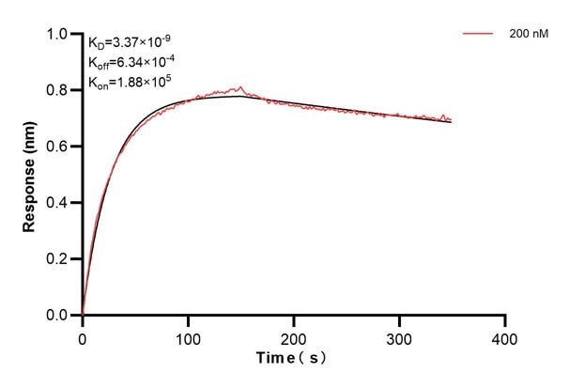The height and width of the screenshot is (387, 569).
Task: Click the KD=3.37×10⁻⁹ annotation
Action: [x=129, y=41]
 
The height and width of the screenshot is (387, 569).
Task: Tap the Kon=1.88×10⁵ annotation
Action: [x=129, y=83]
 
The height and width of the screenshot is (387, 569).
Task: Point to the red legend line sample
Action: [x=479, y=33]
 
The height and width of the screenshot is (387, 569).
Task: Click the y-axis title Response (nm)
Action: [x=30, y=175]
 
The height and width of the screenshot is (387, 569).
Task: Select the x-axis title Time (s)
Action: [x=293, y=360]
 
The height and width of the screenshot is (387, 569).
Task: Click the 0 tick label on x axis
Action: [x=83, y=336]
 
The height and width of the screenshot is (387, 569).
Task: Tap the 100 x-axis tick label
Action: [x=189, y=336]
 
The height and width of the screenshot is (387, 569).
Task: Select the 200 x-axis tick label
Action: [x=294, y=336]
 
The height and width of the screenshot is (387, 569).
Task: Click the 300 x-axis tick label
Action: [x=400, y=336]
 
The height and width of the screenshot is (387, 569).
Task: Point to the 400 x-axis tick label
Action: [x=505, y=336]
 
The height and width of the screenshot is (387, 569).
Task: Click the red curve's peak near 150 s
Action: [x=241, y=87]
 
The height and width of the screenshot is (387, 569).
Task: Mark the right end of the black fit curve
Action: [x=452, y=123]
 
